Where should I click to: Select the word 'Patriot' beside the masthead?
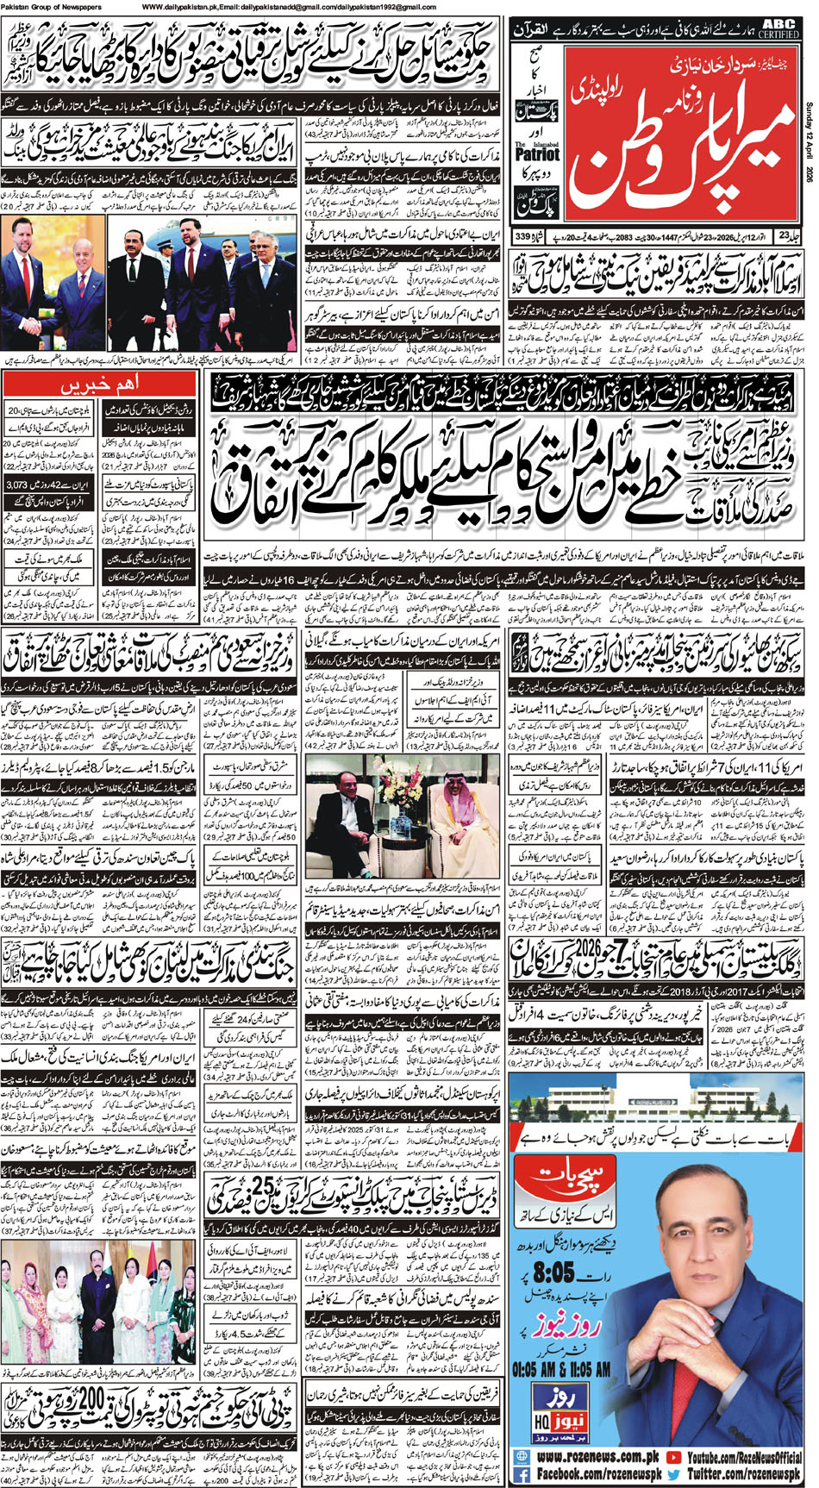pos(537,155)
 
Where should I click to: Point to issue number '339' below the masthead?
pos(522,236)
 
